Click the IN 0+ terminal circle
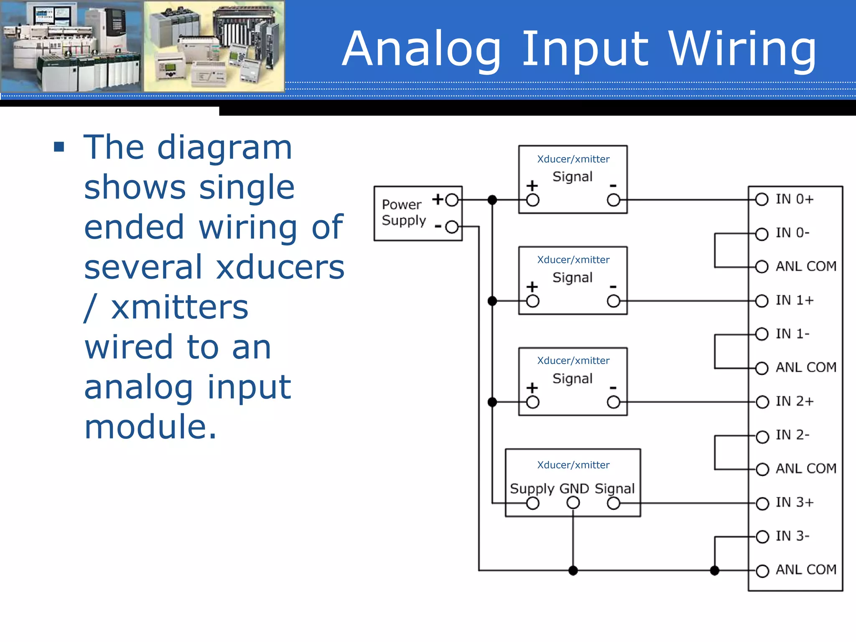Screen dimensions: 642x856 click(x=762, y=199)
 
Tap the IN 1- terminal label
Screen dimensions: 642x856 click(x=792, y=334)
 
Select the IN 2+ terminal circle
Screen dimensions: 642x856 click(x=762, y=402)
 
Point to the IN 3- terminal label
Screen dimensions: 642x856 click(x=792, y=536)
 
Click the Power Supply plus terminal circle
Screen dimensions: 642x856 click(x=452, y=200)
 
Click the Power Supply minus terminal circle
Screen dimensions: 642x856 click(x=452, y=227)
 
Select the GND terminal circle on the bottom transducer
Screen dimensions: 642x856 click(x=573, y=503)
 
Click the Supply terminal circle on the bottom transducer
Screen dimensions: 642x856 click(x=532, y=503)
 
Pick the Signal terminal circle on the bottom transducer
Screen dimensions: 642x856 click(x=614, y=503)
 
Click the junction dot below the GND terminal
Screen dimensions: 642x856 click(x=573, y=571)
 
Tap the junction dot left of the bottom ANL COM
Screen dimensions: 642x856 click(x=715, y=571)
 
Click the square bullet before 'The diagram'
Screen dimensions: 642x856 click(x=59, y=147)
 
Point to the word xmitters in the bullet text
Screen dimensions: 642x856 click(x=180, y=307)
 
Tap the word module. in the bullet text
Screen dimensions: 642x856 click(x=150, y=427)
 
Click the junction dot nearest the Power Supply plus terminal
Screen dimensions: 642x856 click(x=492, y=200)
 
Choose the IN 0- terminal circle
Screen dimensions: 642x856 click(x=762, y=234)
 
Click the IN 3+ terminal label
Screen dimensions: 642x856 click(x=795, y=502)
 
